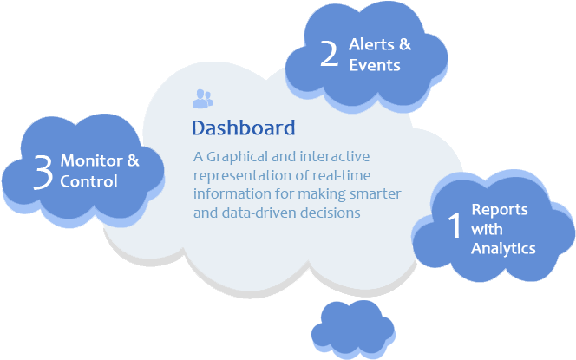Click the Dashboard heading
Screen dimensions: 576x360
point(243,128)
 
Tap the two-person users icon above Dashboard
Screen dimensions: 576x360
point(203,99)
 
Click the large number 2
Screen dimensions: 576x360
point(329,54)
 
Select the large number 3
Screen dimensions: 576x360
point(43,172)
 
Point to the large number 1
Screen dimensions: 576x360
point(455,226)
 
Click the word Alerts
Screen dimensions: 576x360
point(371,44)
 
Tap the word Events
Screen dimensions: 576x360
point(375,65)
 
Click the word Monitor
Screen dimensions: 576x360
point(91,160)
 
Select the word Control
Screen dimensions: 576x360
point(88,181)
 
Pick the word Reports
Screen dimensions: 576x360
point(500,210)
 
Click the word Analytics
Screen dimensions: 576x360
point(503,249)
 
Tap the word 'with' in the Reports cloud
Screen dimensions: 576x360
point(488,229)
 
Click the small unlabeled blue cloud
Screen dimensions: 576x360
point(353,329)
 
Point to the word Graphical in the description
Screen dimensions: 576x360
point(238,157)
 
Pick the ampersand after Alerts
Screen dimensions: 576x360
point(405,44)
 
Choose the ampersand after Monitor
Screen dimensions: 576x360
point(133,160)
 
